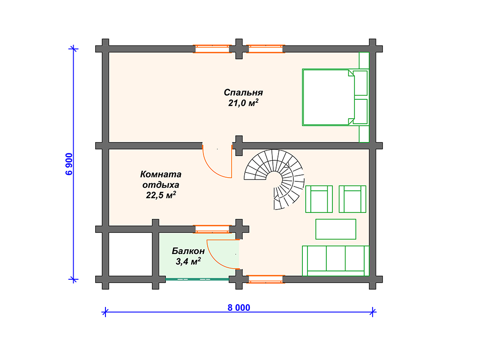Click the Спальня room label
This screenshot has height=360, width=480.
tap(243, 92)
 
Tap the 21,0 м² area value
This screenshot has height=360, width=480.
tap(243, 103)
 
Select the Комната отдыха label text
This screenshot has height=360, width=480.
tap(161, 180)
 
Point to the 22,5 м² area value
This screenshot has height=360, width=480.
tap(161, 195)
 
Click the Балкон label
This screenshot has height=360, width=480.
tap(188, 251)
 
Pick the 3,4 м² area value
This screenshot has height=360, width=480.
tap(188, 262)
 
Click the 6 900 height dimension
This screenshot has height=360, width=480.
tap(69, 164)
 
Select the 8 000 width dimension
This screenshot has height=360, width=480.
tap(239, 307)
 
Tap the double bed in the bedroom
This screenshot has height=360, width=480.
tap(335, 97)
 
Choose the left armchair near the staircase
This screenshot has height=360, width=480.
tap(319, 199)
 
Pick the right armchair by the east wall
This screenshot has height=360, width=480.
tap(352, 199)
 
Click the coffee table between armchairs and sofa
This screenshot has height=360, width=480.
tap(336, 229)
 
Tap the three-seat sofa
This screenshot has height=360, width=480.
tap(336, 261)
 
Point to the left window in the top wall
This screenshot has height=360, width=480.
tap(212, 49)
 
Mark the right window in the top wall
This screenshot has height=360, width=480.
tap(265, 49)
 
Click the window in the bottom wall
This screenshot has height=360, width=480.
tap(265, 279)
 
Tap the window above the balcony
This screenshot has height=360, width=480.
tap(212, 229)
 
